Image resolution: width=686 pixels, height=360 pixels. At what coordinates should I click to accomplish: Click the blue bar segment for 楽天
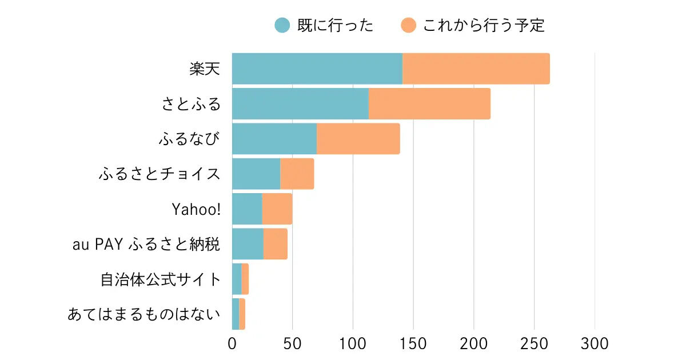tap(317, 69)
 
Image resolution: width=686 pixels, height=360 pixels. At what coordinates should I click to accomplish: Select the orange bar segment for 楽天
tap(476, 69)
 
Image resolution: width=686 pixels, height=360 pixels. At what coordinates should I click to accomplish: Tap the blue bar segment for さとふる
tap(300, 104)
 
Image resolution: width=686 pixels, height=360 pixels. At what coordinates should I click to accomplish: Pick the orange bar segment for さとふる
tap(429, 104)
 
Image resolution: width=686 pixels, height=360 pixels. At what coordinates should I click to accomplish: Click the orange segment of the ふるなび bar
tap(358, 139)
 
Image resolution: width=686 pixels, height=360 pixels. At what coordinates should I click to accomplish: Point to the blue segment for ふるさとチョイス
tap(256, 174)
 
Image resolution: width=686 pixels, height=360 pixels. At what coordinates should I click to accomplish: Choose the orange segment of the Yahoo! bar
tap(277, 209)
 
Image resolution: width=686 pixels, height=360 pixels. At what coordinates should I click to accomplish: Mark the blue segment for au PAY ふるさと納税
tap(248, 244)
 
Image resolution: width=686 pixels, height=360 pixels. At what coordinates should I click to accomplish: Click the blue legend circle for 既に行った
tap(282, 26)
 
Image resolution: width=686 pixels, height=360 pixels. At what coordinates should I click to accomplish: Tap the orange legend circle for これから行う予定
tap(409, 26)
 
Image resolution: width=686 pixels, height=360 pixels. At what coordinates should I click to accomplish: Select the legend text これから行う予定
tap(484, 26)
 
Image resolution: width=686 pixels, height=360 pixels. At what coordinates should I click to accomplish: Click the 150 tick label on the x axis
tap(413, 344)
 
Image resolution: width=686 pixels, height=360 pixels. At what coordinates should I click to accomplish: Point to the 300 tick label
tap(595, 344)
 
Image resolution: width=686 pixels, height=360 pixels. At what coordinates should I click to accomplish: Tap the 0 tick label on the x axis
tap(232, 344)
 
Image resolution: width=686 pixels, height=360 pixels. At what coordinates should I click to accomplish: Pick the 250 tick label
tap(535, 344)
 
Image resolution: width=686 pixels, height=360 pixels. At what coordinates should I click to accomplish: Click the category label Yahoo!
tap(196, 209)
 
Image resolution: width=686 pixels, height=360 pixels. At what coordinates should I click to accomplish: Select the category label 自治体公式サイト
tap(161, 279)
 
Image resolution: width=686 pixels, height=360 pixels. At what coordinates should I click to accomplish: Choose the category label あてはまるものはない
tap(144, 314)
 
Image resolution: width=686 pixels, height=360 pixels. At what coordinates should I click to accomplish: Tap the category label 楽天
tap(205, 69)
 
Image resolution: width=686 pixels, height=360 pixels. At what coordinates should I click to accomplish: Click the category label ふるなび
tap(190, 139)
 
